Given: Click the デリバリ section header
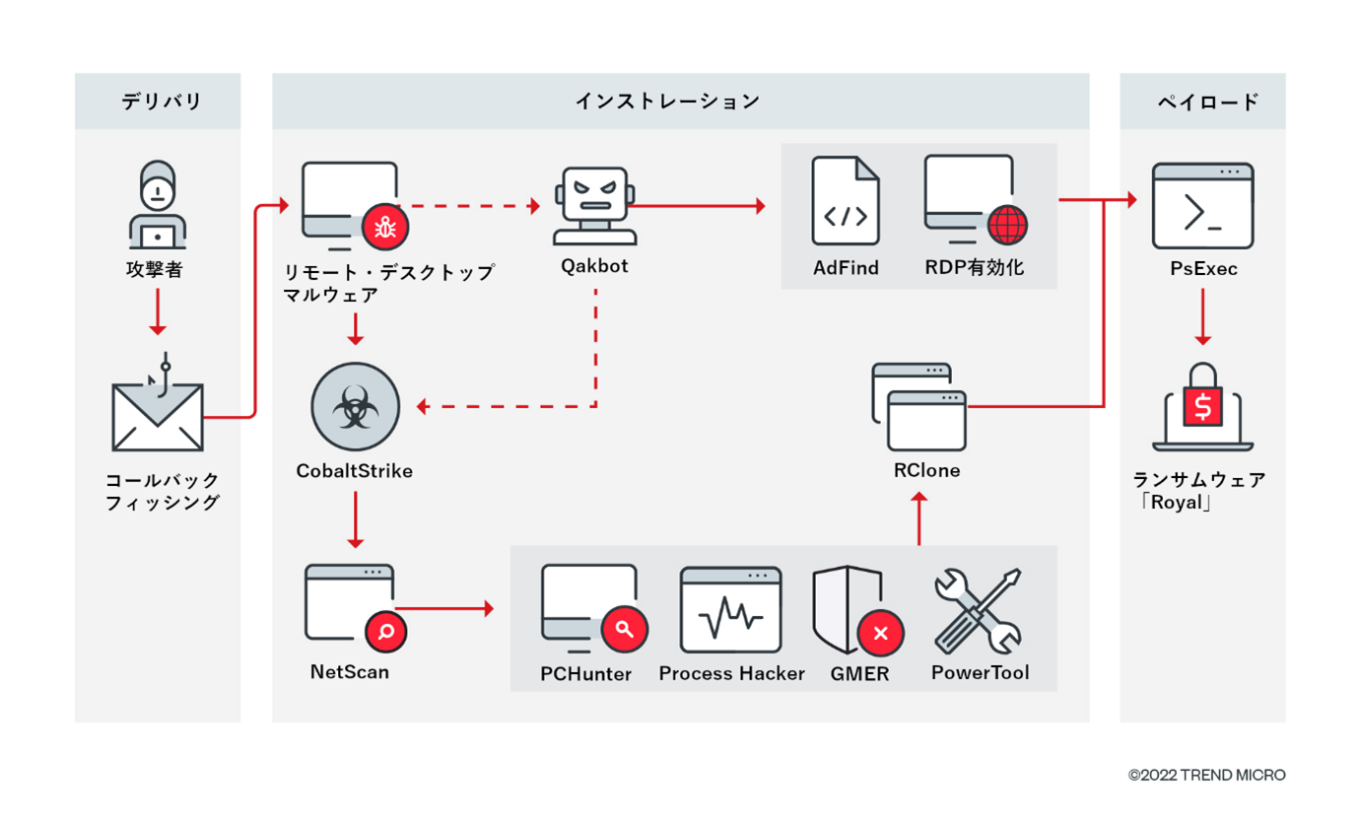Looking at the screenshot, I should click(161, 101).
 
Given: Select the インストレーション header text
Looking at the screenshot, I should click(667, 101).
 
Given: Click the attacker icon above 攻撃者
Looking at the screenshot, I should click(156, 205).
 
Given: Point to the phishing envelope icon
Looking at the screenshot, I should click(157, 415).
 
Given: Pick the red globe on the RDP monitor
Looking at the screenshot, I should click(1006, 226).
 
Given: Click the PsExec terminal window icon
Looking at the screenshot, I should click(1202, 206).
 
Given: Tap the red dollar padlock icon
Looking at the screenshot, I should click(1202, 403).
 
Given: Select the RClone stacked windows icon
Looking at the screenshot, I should click(919, 406).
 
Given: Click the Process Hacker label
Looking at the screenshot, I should click(731, 674).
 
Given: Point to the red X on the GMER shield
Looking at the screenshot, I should click(880, 634).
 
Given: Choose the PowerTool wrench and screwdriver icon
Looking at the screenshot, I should click(979, 610).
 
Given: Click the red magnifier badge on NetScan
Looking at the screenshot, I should click(385, 631).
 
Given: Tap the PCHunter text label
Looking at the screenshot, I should click(585, 674).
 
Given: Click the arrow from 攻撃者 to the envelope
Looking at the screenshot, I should click(157, 319).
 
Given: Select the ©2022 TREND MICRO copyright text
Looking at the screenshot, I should click(1206, 775).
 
